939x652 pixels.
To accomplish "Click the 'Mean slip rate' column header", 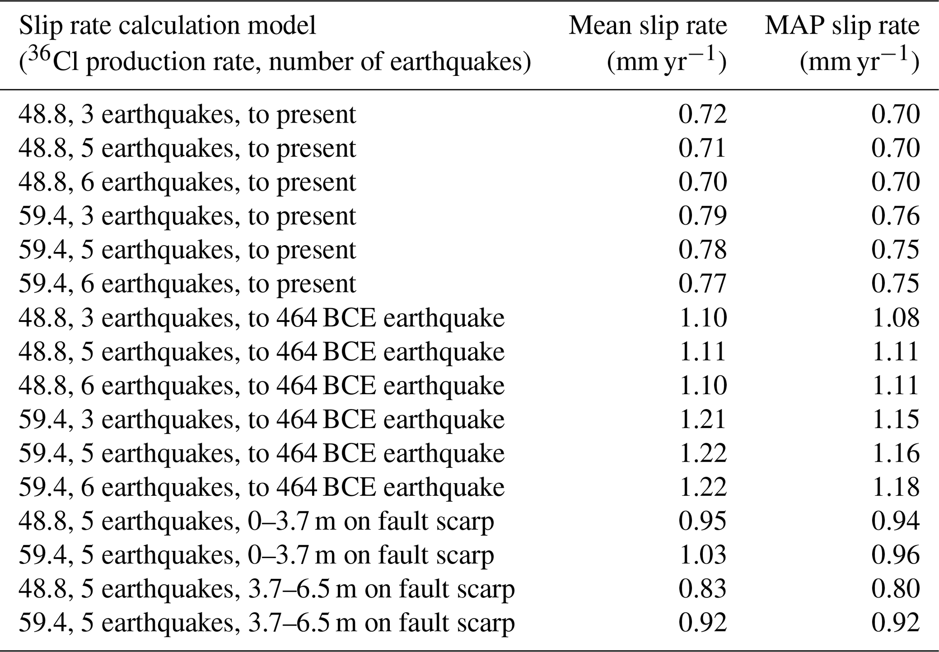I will [648, 26].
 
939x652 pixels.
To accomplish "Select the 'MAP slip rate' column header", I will [842, 26].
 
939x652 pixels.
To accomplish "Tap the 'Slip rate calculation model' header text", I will [167, 26].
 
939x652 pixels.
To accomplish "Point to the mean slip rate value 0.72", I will [702, 114].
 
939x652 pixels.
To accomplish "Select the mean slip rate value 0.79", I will [702, 216].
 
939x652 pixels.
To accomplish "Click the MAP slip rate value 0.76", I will [895, 216].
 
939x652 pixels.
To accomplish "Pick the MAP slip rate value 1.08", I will [895, 318].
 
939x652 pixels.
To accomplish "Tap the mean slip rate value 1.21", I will [702, 420].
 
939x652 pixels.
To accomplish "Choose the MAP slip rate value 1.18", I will [895, 487].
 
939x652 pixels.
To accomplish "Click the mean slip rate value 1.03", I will [702, 555].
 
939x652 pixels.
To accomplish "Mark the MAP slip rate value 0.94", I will [895, 521].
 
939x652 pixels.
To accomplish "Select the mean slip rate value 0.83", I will [702, 589].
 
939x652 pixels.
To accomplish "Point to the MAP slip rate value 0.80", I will [895, 589].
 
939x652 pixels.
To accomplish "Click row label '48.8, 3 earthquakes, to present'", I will [187, 114].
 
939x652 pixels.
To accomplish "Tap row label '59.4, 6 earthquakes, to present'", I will [187, 284].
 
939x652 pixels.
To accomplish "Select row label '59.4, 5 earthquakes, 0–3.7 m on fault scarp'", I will [256, 555].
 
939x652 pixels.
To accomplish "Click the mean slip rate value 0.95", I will [702, 521].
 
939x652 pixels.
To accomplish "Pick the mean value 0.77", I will [702, 284].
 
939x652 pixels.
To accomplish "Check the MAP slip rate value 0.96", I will [895, 555].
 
